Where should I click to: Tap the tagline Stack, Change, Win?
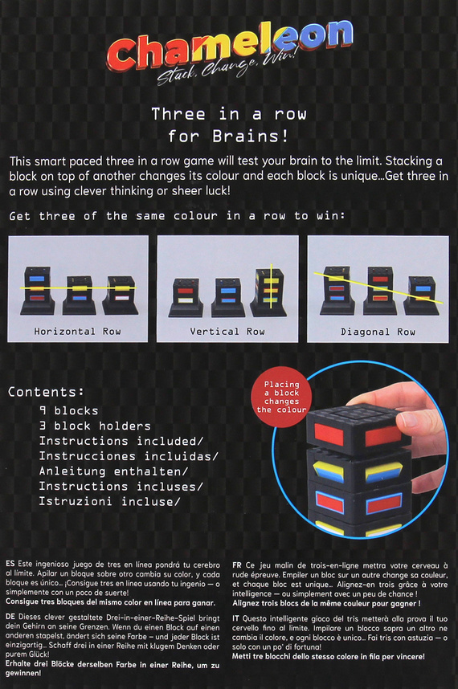point(227,67)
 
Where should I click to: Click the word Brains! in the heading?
point(251,137)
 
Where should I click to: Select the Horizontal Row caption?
point(77,332)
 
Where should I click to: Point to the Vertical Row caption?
point(227,332)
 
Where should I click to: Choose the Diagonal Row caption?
point(378,332)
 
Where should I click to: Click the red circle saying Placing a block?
point(281,397)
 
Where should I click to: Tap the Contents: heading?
point(46,392)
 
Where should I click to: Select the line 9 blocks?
point(68,411)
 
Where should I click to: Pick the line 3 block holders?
point(95,426)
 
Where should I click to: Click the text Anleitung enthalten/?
point(113,471)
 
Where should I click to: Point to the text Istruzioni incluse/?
point(109,501)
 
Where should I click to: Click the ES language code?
point(10,564)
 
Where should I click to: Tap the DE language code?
point(10,617)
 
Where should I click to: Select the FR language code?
point(237,565)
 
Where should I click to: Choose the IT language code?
point(236,618)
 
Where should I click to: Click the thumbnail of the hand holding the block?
point(361,450)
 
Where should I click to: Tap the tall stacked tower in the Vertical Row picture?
point(268,292)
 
